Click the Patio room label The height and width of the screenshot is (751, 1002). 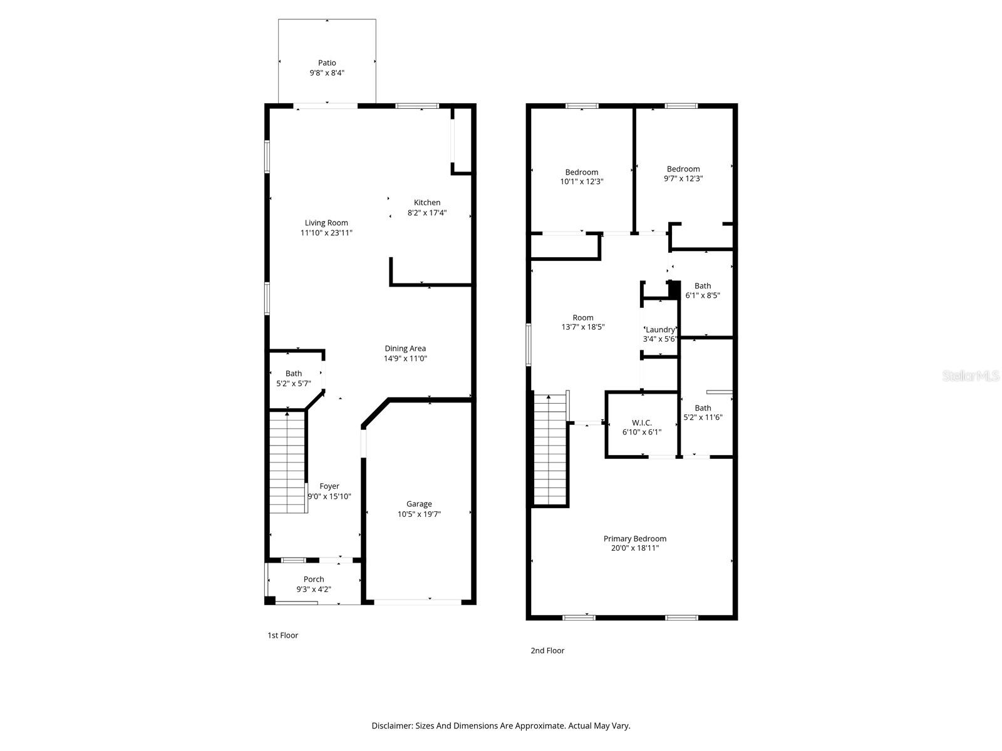coord(327,63)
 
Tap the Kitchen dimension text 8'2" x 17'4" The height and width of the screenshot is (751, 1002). coord(427,213)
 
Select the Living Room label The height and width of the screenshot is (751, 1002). coord(326,223)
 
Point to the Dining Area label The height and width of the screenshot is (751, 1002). coord(405,349)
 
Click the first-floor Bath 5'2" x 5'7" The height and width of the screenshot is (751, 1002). coord(294,379)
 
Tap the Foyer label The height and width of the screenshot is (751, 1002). coord(329,486)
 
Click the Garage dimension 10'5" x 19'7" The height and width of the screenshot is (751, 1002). coord(419,514)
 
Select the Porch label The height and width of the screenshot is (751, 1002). coord(314,580)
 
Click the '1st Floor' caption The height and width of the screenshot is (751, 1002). coord(283,635)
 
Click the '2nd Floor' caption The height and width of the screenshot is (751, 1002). coord(547,650)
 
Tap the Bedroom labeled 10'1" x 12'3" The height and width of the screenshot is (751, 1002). coord(582,176)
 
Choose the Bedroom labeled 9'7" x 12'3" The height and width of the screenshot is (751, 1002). coord(683,173)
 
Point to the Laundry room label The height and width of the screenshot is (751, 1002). coord(660,330)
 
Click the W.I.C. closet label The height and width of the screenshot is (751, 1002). coord(642,423)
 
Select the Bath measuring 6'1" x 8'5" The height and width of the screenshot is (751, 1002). coord(703,290)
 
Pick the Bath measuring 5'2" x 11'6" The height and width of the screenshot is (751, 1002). coord(703,412)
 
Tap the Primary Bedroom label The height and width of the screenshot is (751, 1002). coord(635,539)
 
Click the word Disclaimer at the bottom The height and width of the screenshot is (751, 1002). coord(391,726)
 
